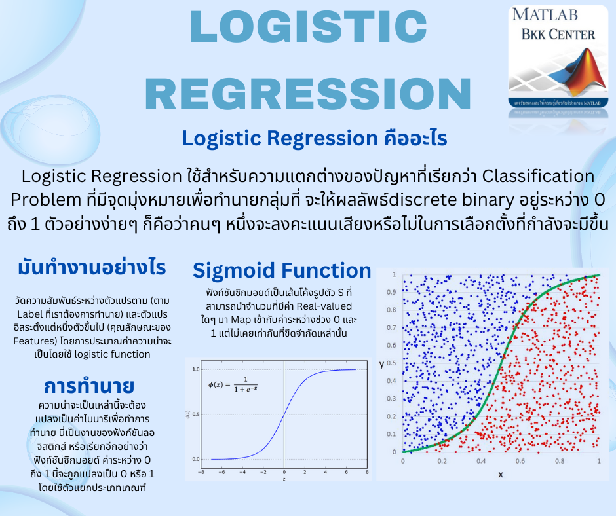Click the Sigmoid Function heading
[282, 270]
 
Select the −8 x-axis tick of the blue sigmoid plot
[201, 471]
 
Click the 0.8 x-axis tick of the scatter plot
[560, 461]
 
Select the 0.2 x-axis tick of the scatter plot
[442, 461]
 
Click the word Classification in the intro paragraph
[539, 176]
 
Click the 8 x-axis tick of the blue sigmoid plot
[366, 471]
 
